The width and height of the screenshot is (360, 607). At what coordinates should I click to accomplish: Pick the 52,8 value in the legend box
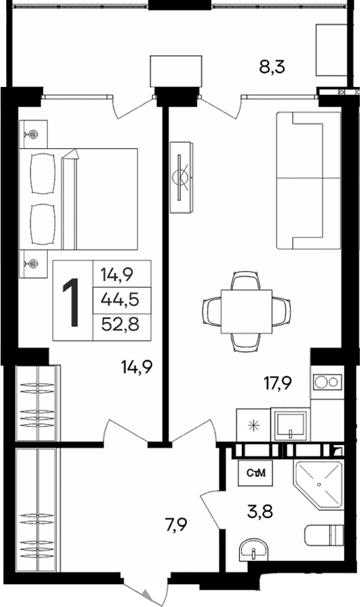point(119,324)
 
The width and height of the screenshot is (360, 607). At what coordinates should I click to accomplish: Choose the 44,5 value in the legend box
point(119,299)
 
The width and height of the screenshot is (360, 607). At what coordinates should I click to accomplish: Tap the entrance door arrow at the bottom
point(147,594)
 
